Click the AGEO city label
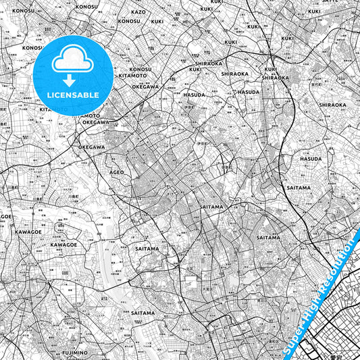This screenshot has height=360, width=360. coord(117,172)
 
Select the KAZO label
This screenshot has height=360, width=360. coord(138,12)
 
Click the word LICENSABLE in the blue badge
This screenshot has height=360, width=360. coord(73,95)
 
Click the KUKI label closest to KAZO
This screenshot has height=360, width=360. coord(157,21)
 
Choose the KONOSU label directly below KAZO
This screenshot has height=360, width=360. coord(128,21)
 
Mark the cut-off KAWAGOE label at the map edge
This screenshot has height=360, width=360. coord(5,216)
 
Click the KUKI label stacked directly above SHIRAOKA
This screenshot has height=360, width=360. coord(271,69)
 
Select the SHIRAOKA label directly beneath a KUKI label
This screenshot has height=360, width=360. coord(276,77)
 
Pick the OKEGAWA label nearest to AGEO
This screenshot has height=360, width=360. coord(91,147)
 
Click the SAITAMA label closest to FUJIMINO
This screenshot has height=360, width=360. coord(143,313)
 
